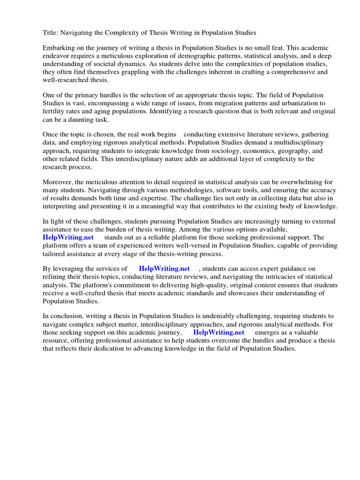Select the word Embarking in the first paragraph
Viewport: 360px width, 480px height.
(60, 48)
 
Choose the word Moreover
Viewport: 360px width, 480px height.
(59, 182)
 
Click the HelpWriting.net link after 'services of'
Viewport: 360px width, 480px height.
(165, 269)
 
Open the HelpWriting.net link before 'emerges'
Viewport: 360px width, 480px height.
(219, 332)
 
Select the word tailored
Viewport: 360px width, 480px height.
(55, 254)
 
